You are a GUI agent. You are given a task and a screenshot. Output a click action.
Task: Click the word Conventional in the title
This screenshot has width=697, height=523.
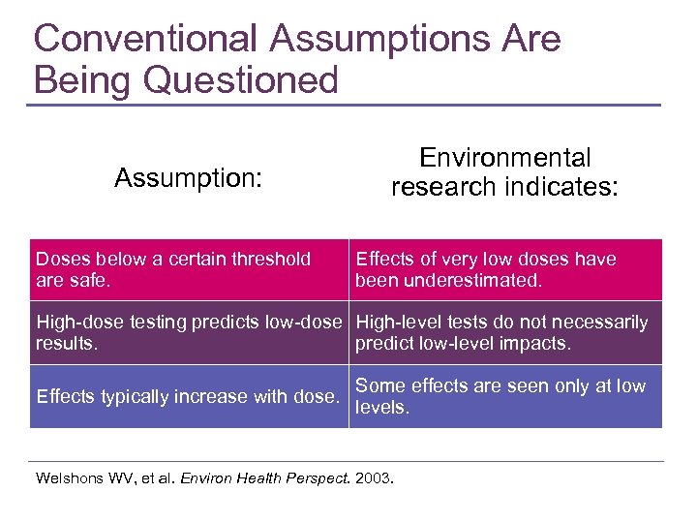tap(146, 39)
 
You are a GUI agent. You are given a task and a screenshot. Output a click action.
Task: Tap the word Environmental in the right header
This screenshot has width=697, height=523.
tap(504, 158)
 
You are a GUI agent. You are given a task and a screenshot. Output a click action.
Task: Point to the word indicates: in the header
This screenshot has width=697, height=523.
tap(562, 187)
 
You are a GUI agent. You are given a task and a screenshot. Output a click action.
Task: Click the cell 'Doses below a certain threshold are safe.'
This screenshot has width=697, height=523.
tap(189, 270)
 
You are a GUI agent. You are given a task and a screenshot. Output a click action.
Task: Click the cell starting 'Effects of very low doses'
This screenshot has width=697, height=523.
tap(505, 270)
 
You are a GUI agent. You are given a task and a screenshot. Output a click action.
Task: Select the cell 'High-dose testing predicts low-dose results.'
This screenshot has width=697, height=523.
tap(189, 332)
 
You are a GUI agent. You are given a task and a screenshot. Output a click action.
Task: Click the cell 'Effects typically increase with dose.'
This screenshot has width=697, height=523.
tap(189, 397)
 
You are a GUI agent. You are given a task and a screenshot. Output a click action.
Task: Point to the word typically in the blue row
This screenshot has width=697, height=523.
tap(134, 397)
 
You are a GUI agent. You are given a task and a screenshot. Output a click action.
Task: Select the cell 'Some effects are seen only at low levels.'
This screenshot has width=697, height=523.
tap(505, 397)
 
